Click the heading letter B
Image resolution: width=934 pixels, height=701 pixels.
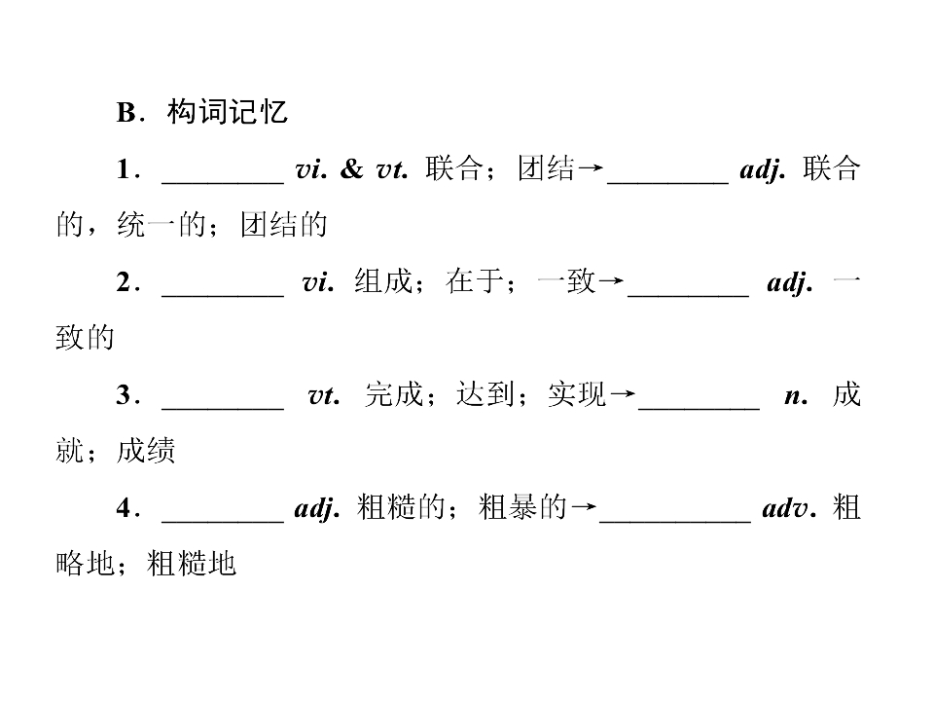(x=126, y=113)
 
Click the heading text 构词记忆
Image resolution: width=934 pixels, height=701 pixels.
(x=228, y=112)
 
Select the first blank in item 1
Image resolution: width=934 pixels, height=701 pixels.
(x=223, y=182)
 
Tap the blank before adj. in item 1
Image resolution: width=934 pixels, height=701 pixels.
(x=667, y=182)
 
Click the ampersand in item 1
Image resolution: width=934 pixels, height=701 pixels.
(x=351, y=169)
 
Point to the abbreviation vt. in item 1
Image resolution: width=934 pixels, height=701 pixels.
(x=392, y=170)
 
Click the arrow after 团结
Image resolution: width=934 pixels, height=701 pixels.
(x=591, y=168)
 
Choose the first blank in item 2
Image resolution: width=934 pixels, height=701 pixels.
(x=223, y=295)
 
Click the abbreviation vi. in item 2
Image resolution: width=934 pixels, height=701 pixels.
(x=318, y=282)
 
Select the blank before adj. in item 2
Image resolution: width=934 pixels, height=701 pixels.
(x=688, y=295)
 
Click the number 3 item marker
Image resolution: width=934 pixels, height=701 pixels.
(x=125, y=394)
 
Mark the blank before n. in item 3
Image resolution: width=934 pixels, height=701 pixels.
(x=699, y=408)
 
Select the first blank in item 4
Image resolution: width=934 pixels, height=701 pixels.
(x=223, y=521)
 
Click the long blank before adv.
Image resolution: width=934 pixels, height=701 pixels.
(x=675, y=521)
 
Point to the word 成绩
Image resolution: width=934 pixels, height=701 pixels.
(x=146, y=451)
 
